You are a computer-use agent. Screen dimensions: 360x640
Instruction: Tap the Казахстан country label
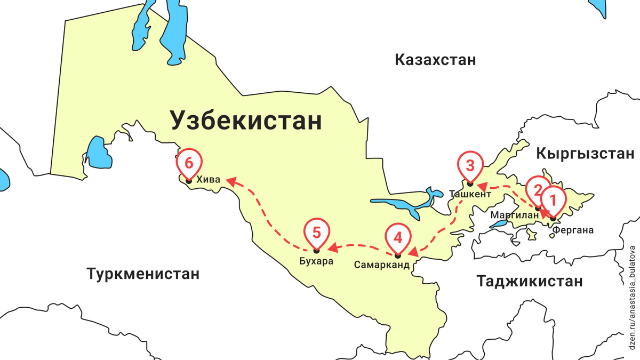pos(435,60)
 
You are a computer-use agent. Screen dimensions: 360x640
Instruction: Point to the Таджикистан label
pos(530,281)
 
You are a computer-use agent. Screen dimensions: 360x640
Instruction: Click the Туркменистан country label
pos(143,274)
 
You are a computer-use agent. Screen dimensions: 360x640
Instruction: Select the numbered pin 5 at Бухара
pos(316,232)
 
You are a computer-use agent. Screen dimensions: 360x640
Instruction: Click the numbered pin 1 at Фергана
pos(553,200)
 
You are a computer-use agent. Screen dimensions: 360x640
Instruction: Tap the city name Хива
pos(208,180)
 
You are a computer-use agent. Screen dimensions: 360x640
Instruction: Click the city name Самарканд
pos(382,265)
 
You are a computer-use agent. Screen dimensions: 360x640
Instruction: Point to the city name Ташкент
pos(470,195)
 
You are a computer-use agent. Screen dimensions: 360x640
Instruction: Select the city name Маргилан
pos(515,215)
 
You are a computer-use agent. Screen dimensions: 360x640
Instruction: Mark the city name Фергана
pos(573,231)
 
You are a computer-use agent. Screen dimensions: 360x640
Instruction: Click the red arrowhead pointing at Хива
pos(230,182)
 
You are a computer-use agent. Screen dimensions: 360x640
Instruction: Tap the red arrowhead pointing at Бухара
pos(331,248)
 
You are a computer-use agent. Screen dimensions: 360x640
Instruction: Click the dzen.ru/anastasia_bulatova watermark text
pos(633,298)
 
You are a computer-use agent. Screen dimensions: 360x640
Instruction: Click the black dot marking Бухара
pos(316,251)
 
